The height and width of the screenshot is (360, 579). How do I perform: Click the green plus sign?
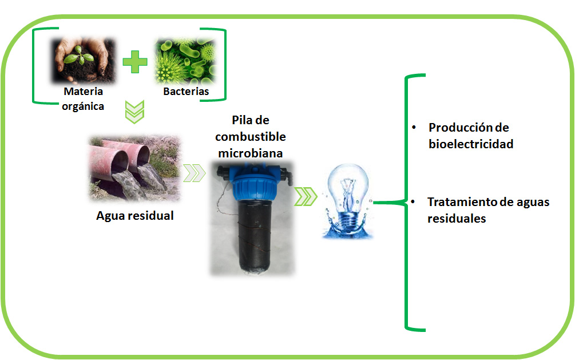[135, 62]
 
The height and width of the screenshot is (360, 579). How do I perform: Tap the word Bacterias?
[186, 91]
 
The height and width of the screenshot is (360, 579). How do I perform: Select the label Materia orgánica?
[83, 99]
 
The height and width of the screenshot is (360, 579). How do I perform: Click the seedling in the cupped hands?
[78, 56]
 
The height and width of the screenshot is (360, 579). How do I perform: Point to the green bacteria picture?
[185, 61]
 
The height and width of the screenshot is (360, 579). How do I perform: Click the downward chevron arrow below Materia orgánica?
[134, 112]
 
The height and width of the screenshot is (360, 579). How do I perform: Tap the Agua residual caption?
[135, 216]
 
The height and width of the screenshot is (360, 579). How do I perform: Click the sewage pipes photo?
[135, 168]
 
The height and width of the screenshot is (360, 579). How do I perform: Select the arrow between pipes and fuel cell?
[194, 173]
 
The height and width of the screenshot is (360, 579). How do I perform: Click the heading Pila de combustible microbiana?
[251, 136]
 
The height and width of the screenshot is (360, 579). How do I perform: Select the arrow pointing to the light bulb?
[306, 197]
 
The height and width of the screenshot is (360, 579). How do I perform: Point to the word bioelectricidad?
[471, 144]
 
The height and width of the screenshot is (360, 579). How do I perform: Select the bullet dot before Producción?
[414, 128]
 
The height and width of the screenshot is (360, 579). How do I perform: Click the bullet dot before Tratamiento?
[413, 202]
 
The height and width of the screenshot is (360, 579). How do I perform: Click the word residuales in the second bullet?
[457, 218]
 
